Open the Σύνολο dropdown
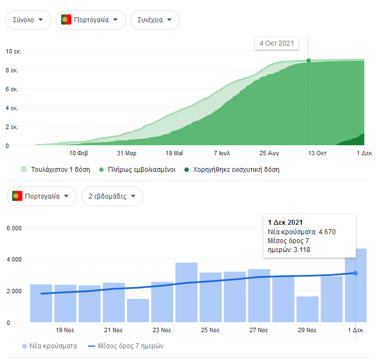tap(28, 20)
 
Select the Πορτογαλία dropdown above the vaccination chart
tap(90, 20)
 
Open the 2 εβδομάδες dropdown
tap(112, 196)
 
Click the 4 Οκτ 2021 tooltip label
tap(277, 43)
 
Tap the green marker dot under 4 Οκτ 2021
tap(308, 61)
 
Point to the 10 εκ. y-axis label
tap(13, 52)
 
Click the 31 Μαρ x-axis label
tap(127, 152)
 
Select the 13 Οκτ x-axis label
tap(317, 152)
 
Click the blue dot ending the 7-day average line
tap(355, 273)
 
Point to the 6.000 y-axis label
tap(13, 228)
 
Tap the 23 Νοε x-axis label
tap(162, 330)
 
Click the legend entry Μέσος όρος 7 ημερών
tap(125, 346)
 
